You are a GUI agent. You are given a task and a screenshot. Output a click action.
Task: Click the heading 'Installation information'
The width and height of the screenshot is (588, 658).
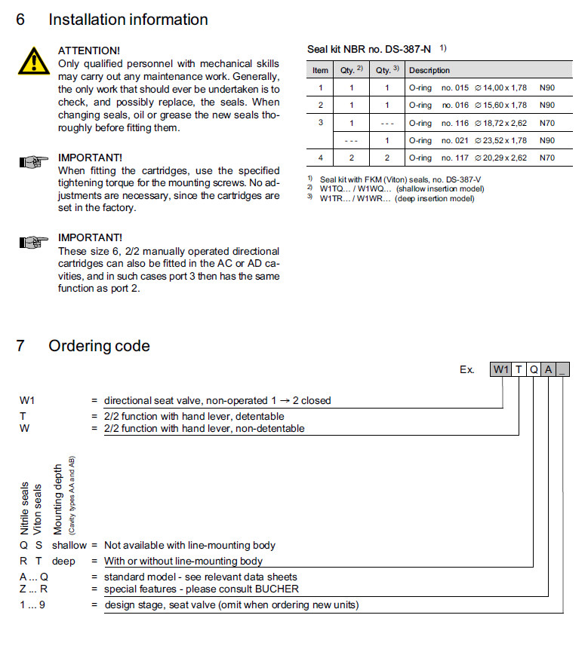pos(128,20)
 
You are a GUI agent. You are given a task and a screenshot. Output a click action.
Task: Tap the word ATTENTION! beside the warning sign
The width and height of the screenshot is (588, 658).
pos(89,50)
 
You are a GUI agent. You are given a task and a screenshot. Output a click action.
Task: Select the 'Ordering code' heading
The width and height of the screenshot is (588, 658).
pos(99,346)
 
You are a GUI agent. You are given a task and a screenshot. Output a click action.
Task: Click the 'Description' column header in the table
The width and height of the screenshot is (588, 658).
pos(429,70)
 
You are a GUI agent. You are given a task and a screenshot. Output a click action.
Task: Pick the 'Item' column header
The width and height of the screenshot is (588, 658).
pos(321,70)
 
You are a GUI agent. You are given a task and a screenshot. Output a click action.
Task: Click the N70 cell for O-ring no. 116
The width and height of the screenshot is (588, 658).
pos(547,123)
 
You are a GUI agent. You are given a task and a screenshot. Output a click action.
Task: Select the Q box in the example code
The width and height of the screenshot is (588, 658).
pos(534,369)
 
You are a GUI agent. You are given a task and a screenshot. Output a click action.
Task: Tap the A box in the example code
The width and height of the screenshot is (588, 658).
pos(549,369)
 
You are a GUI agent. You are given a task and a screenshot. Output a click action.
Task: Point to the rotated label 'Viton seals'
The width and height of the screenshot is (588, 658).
pos(38,509)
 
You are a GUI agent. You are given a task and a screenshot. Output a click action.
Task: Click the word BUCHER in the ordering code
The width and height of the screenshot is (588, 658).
pos(276,589)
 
